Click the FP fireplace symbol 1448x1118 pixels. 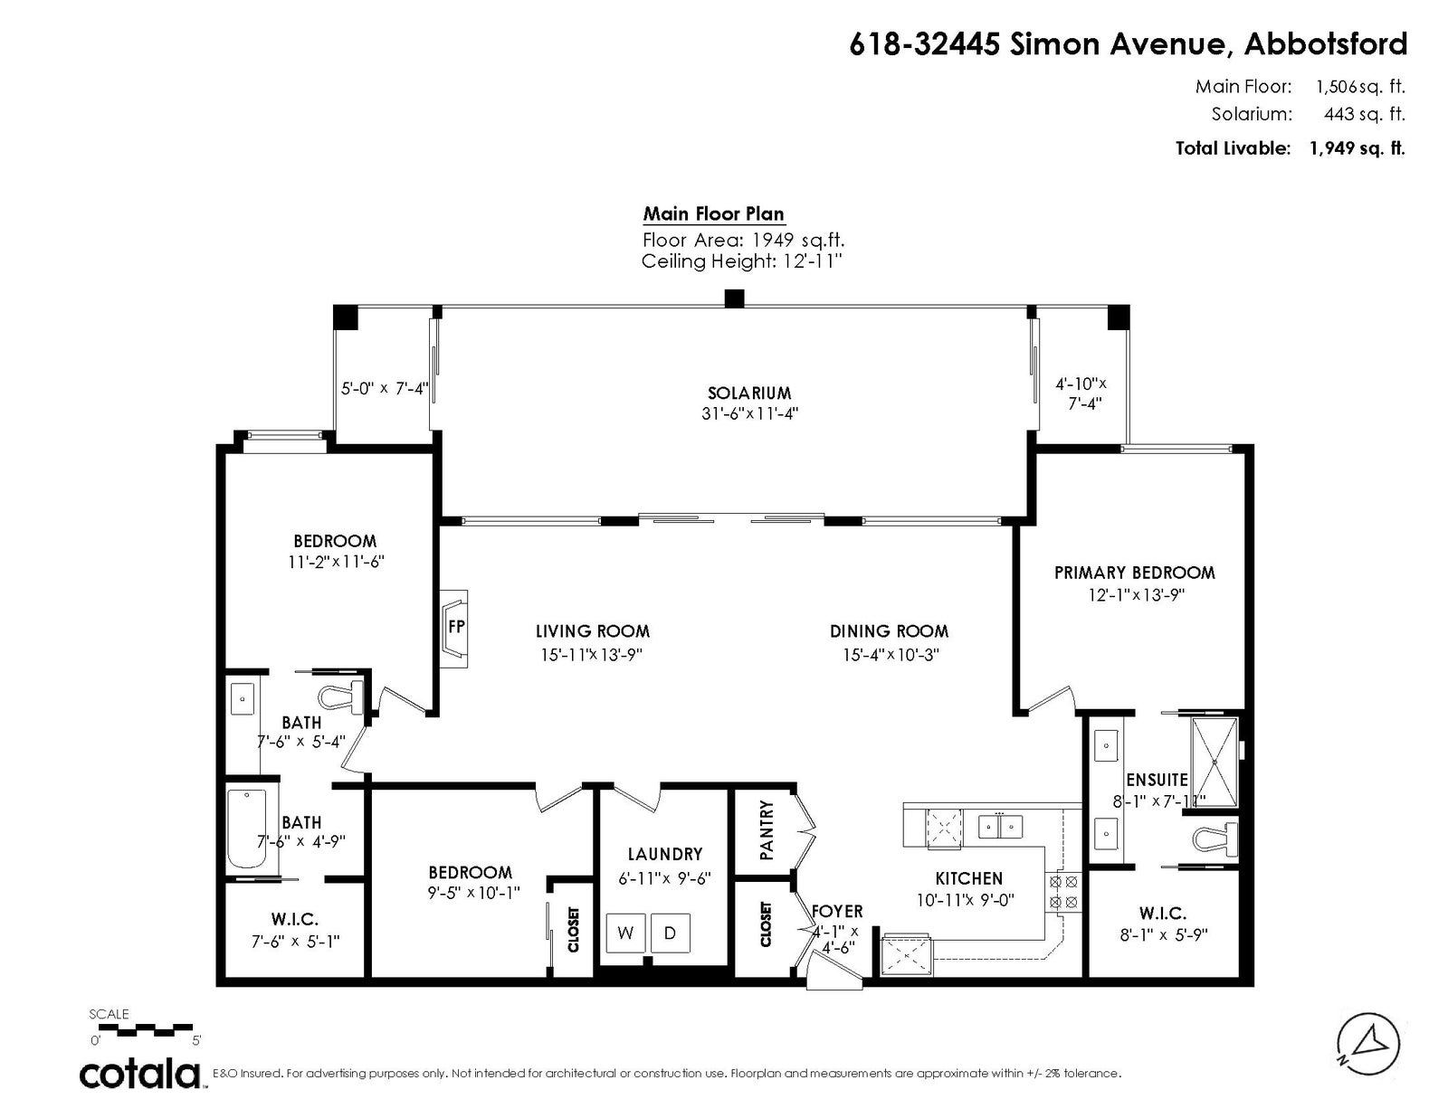(x=453, y=628)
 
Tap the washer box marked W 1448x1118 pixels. (x=625, y=933)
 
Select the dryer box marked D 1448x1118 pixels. (x=671, y=933)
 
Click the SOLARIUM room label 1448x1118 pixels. (x=749, y=393)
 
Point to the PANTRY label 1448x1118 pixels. (x=767, y=829)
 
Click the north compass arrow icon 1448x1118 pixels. (x=1368, y=1045)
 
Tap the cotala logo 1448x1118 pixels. (x=140, y=1074)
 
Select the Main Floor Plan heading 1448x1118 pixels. (x=713, y=213)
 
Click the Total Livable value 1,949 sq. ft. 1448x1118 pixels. (x=1357, y=147)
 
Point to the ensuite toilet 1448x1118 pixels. (x=1214, y=839)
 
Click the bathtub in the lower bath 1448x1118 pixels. (x=246, y=829)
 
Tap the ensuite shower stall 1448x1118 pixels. (x=1215, y=762)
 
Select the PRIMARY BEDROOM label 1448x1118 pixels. (x=1134, y=573)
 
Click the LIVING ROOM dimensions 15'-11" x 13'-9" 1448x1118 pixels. (x=591, y=655)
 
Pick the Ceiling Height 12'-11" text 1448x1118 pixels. (x=742, y=261)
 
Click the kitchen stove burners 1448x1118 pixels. (x=1063, y=892)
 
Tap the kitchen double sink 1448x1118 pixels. (x=1000, y=827)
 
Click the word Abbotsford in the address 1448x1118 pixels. (x=1326, y=44)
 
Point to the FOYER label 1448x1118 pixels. (x=837, y=911)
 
